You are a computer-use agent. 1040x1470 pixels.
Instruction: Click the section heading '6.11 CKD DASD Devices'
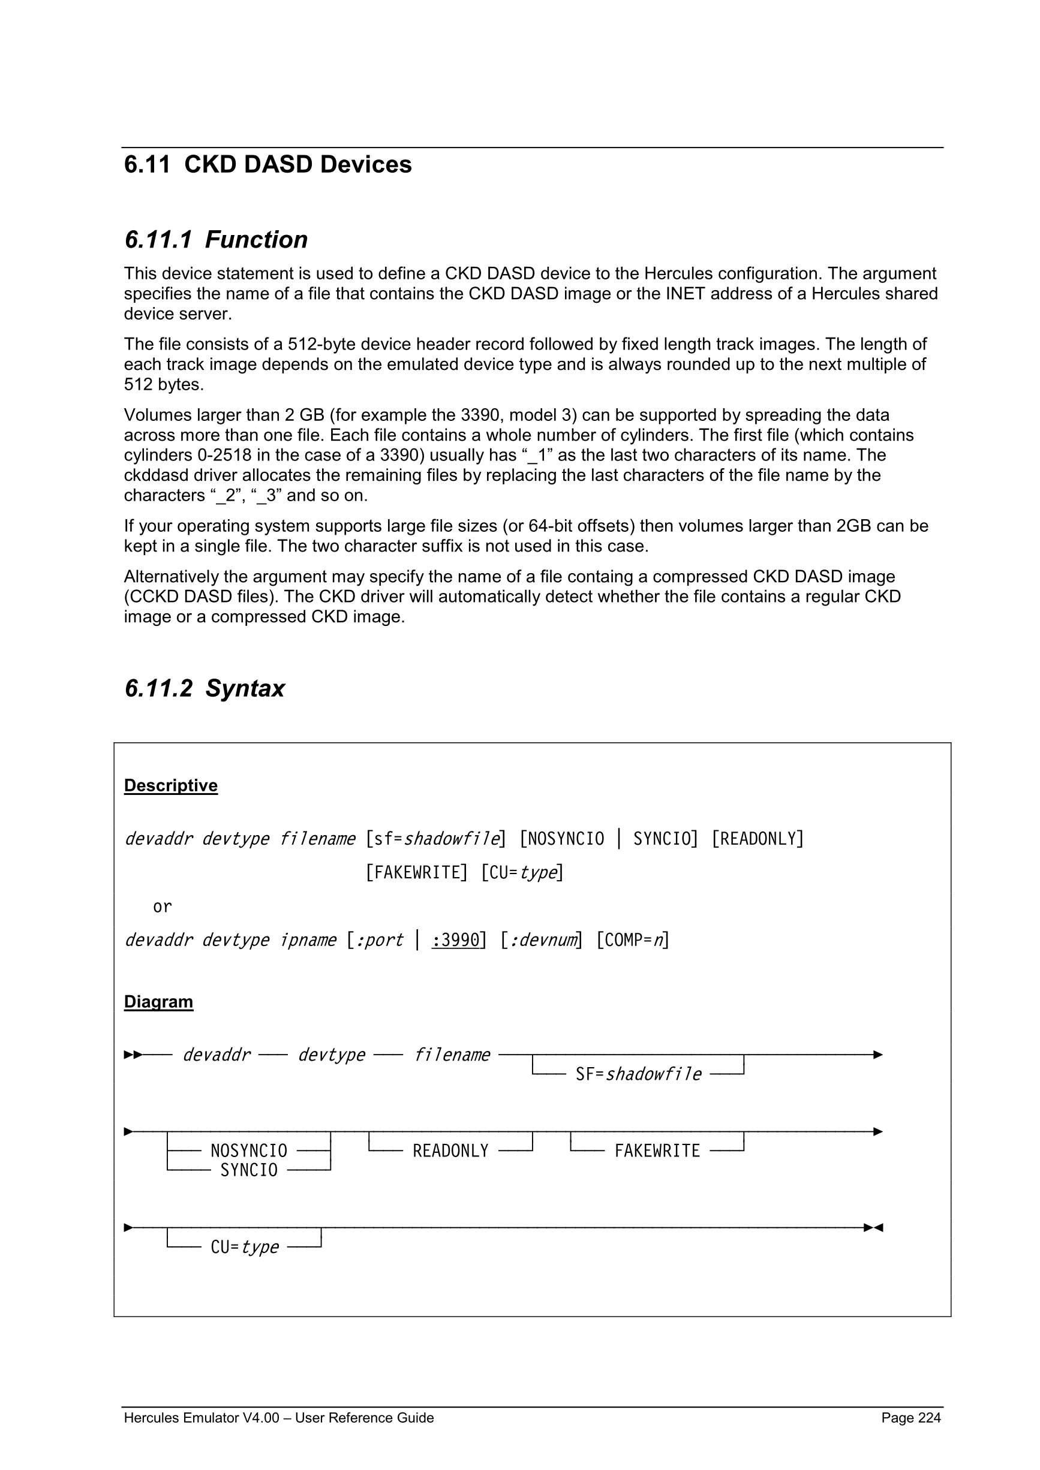click(267, 164)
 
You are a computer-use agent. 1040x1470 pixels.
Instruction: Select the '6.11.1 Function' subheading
click(216, 239)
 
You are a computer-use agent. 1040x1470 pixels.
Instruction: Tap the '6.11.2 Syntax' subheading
click(205, 688)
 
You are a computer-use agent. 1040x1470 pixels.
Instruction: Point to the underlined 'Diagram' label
click(158, 1001)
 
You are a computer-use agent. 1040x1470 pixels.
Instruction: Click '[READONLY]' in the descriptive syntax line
click(758, 839)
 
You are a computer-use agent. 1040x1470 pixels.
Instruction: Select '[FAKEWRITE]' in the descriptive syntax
click(417, 873)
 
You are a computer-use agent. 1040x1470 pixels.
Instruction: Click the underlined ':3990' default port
click(456, 940)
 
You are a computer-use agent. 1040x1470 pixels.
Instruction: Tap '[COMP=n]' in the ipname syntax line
click(633, 940)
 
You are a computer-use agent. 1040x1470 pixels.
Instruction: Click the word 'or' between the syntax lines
click(162, 906)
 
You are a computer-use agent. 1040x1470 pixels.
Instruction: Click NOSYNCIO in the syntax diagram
click(248, 1150)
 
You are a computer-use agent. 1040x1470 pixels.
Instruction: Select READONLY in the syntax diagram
click(450, 1150)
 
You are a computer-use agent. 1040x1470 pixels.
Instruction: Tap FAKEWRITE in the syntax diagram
click(657, 1150)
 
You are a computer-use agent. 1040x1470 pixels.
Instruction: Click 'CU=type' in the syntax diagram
click(245, 1246)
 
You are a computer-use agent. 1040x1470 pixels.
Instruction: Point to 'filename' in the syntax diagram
click(452, 1055)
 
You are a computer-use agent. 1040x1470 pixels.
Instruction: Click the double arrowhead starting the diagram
click(133, 1055)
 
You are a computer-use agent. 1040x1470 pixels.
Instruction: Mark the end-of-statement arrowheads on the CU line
click(873, 1227)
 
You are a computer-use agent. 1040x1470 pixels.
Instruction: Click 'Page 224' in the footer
click(910, 1417)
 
